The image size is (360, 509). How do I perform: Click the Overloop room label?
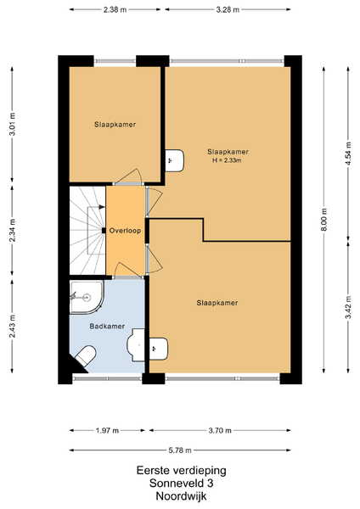coord(125,231)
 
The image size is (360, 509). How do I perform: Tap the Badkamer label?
coord(107,327)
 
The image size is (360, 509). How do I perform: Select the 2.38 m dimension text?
coord(115,9)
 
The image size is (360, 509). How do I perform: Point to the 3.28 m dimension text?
coord(228,9)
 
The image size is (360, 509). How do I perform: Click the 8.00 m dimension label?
coord(324,220)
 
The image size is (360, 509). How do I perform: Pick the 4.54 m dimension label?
coord(348,154)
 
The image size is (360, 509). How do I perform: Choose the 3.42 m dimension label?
coord(348,307)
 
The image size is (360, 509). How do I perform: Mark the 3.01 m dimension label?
coord(13,125)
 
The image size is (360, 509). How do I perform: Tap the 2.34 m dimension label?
coord(13,231)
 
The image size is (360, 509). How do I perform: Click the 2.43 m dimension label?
coord(13,327)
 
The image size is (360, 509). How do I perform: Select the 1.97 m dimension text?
coord(107,430)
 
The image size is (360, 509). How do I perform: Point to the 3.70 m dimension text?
coord(220,430)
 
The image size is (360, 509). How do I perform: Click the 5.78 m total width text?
coord(180,450)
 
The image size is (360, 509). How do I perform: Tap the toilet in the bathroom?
coord(86,355)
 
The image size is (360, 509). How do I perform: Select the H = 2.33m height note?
coord(227,160)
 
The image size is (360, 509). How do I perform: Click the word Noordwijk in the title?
coord(181,496)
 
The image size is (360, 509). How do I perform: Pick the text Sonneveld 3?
coord(182,484)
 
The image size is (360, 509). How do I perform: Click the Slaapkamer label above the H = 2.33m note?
coord(228,152)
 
